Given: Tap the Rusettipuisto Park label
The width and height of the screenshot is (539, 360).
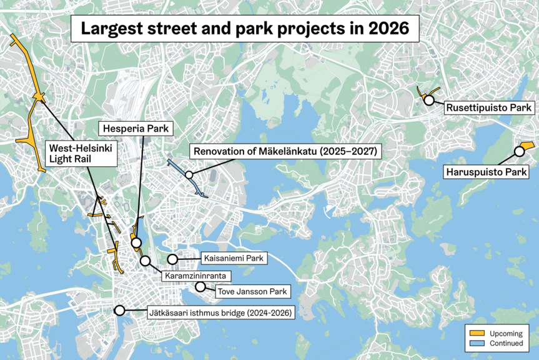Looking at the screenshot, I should (x=488, y=108).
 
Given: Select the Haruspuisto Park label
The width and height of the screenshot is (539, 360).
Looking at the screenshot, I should (x=485, y=171).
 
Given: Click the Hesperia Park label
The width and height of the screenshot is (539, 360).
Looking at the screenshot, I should (x=135, y=129).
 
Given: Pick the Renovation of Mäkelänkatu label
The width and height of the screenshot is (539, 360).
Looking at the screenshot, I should (x=279, y=151).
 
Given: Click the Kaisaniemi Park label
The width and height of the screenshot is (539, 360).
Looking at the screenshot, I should (x=235, y=257).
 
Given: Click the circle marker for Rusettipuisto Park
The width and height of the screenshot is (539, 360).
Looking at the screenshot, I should (x=429, y=99).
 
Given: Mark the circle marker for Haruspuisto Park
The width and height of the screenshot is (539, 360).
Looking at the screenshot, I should (x=518, y=151).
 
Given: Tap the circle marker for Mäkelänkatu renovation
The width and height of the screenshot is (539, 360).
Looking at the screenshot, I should (x=189, y=176).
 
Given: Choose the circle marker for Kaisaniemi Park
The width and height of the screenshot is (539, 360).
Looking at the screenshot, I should (x=172, y=258).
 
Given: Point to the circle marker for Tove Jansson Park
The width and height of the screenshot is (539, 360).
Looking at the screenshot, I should (x=200, y=287).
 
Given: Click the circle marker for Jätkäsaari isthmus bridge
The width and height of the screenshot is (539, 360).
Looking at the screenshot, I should (x=119, y=310).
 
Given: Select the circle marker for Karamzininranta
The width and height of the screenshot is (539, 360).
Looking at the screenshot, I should (x=146, y=260).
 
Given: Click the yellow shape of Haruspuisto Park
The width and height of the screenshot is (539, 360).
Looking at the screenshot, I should (x=527, y=145).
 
